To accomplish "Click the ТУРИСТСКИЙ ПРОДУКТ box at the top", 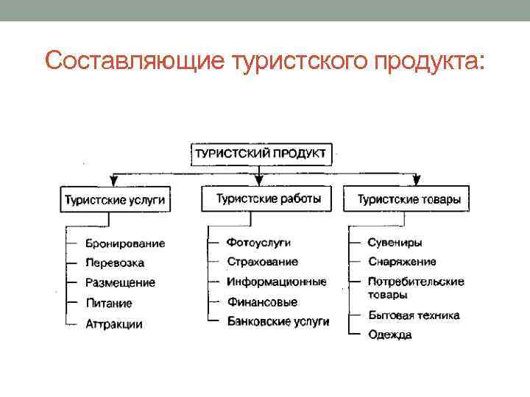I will click(x=263, y=154).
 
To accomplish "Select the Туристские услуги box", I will click(x=115, y=200).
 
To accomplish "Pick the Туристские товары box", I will click(x=409, y=199).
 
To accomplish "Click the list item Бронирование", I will click(x=125, y=243).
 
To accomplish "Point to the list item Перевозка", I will click(x=115, y=263).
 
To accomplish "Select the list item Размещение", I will click(x=120, y=283).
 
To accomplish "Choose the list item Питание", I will click(x=108, y=303).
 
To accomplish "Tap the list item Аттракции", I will click(x=114, y=323).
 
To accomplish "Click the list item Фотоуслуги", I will click(x=258, y=242).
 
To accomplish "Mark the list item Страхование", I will click(x=263, y=262).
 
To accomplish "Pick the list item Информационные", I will click(x=276, y=282).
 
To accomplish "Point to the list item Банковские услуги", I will click(x=278, y=321).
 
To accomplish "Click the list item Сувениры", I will click(x=395, y=242).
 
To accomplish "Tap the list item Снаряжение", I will click(x=402, y=262).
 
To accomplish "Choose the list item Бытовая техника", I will click(x=414, y=315).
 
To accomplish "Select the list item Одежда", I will click(x=390, y=335).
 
